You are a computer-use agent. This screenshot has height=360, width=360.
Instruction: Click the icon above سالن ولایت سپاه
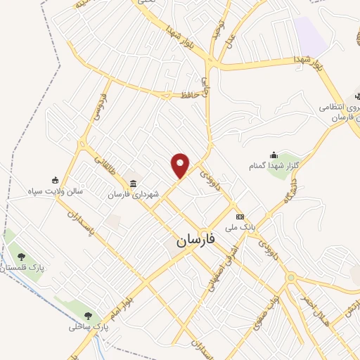(56, 180)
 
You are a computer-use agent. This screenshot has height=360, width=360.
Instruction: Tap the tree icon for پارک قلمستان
(22, 257)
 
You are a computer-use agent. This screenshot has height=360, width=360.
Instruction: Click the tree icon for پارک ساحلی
(87, 316)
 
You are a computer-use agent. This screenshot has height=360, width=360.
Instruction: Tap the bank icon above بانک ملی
(240, 216)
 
